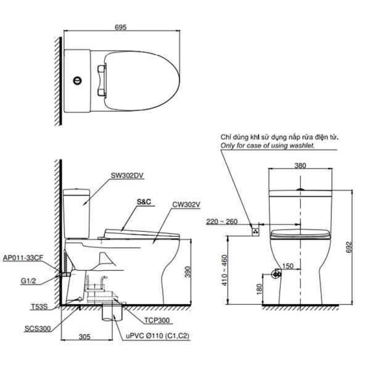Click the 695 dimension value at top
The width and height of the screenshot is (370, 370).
(121, 27)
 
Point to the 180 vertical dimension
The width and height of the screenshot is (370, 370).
(260, 288)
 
